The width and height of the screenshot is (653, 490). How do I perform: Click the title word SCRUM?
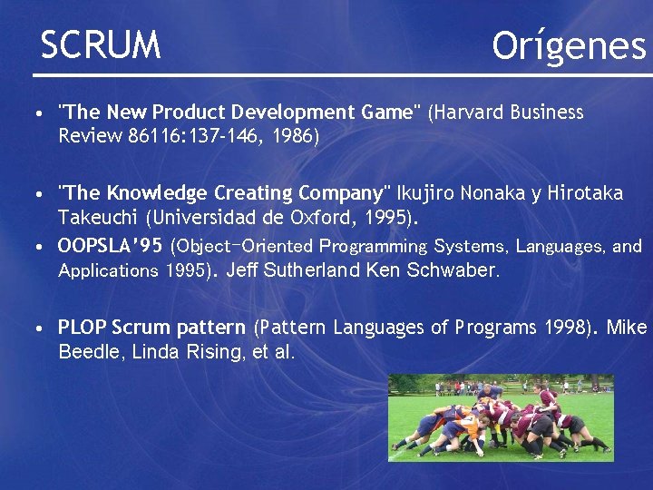click(101, 44)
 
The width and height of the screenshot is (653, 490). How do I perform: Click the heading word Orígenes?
click(569, 44)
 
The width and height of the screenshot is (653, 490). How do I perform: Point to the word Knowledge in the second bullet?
click(158, 193)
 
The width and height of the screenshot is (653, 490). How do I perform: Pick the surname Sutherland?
click(309, 269)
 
